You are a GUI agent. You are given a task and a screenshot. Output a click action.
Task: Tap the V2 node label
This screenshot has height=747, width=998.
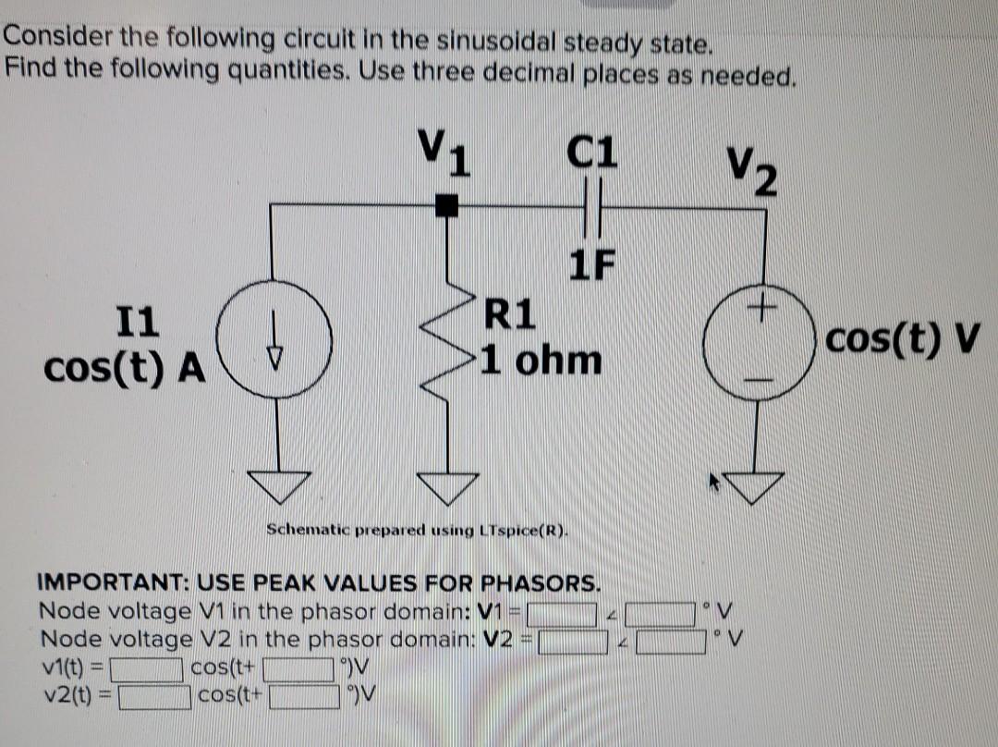[750, 171]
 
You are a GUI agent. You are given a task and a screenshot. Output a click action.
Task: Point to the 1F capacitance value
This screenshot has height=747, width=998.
[591, 265]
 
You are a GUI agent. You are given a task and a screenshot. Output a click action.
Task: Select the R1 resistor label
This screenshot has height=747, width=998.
[509, 315]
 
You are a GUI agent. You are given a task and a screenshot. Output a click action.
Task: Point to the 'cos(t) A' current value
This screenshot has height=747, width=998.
[125, 367]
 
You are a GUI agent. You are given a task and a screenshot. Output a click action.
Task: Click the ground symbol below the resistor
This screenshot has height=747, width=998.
[449, 484]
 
